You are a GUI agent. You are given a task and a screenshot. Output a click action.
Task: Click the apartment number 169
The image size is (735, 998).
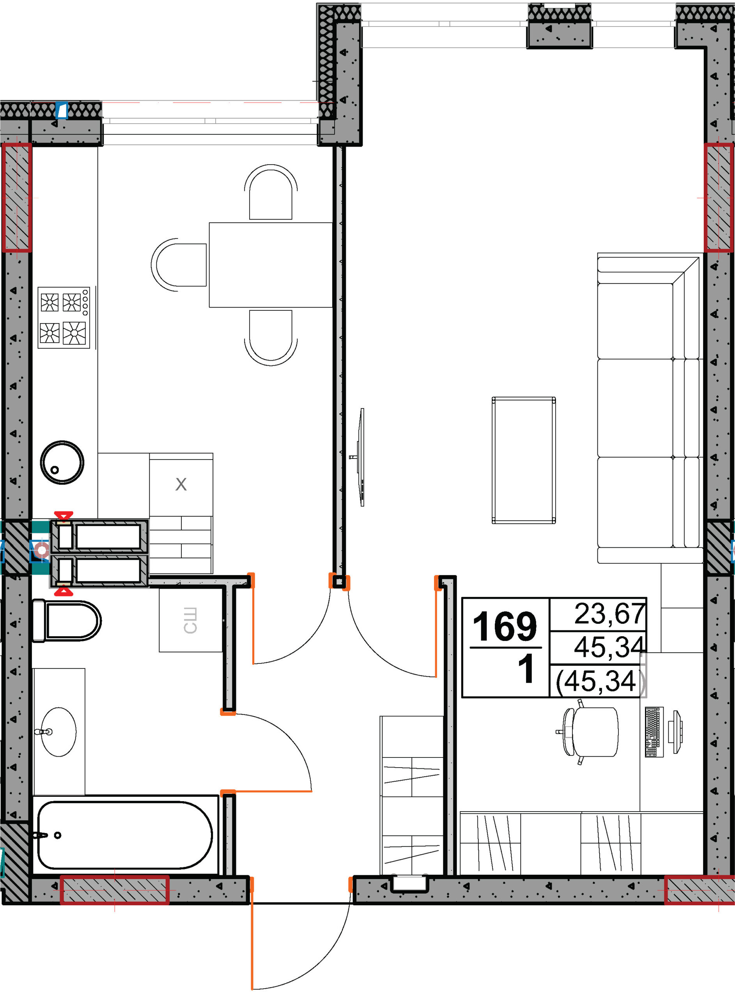click(505, 626)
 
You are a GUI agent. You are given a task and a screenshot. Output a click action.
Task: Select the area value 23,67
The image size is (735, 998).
click(609, 614)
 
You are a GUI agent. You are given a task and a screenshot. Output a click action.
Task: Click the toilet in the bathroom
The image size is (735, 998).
click(67, 621)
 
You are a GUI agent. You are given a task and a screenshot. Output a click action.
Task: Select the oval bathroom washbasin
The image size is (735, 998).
click(58, 732)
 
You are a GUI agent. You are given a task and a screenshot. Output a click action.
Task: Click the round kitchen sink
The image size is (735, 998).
click(62, 462)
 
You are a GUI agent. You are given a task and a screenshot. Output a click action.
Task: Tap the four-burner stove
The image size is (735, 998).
click(64, 318)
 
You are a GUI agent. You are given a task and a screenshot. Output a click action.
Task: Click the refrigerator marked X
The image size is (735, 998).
click(181, 484)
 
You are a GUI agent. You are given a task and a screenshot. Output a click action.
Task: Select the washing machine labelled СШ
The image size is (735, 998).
click(190, 620)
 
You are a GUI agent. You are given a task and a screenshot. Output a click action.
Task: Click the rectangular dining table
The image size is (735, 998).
click(271, 265)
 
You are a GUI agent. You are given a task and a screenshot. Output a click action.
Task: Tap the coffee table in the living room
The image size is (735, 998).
click(524, 460)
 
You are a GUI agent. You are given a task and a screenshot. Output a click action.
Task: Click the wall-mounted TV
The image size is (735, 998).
click(361, 457)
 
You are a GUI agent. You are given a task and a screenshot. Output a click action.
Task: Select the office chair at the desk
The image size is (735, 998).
click(590, 732)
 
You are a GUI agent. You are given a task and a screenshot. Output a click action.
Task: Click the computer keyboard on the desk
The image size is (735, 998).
click(654, 732)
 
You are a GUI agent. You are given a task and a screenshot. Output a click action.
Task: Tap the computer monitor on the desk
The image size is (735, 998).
click(677, 732)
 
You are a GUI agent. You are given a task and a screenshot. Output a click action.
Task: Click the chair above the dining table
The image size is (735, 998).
click(271, 192)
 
